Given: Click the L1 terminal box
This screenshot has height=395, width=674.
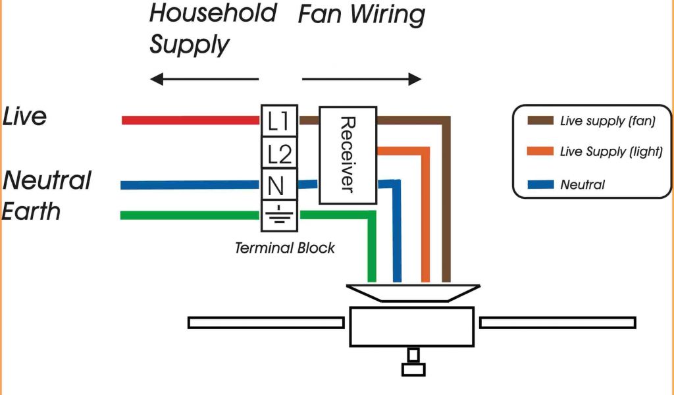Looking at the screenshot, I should click(279, 120).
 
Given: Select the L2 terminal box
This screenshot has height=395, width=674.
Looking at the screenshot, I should click(279, 153).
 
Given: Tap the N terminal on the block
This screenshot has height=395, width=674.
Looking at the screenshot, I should click(279, 185).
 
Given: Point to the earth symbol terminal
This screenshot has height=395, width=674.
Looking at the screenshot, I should click(279, 215).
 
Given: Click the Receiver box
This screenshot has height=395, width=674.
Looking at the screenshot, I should click(348, 155).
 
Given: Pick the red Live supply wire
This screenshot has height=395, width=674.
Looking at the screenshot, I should click(191, 120).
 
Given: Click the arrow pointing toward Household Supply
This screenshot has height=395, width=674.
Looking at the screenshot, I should click(204, 80).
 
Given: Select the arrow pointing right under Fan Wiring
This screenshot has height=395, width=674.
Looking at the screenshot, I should click(361, 80).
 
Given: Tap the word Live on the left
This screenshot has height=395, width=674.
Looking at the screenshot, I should click(25, 117).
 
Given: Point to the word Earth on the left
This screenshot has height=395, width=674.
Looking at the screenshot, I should click(32, 211).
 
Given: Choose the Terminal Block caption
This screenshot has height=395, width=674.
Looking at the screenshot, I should click(284, 248).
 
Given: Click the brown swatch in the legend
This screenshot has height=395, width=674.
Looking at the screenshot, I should click(540, 121).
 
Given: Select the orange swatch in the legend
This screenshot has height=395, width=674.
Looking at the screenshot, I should click(540, 152).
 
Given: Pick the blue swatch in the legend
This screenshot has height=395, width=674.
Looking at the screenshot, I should click(540, 185).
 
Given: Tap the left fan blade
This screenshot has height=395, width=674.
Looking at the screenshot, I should click(266, 323).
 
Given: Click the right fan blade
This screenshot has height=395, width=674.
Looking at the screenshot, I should click(557, 323).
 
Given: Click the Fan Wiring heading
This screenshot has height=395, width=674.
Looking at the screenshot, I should click(361, 14).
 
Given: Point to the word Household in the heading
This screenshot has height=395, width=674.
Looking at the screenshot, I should click(213, 13).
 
